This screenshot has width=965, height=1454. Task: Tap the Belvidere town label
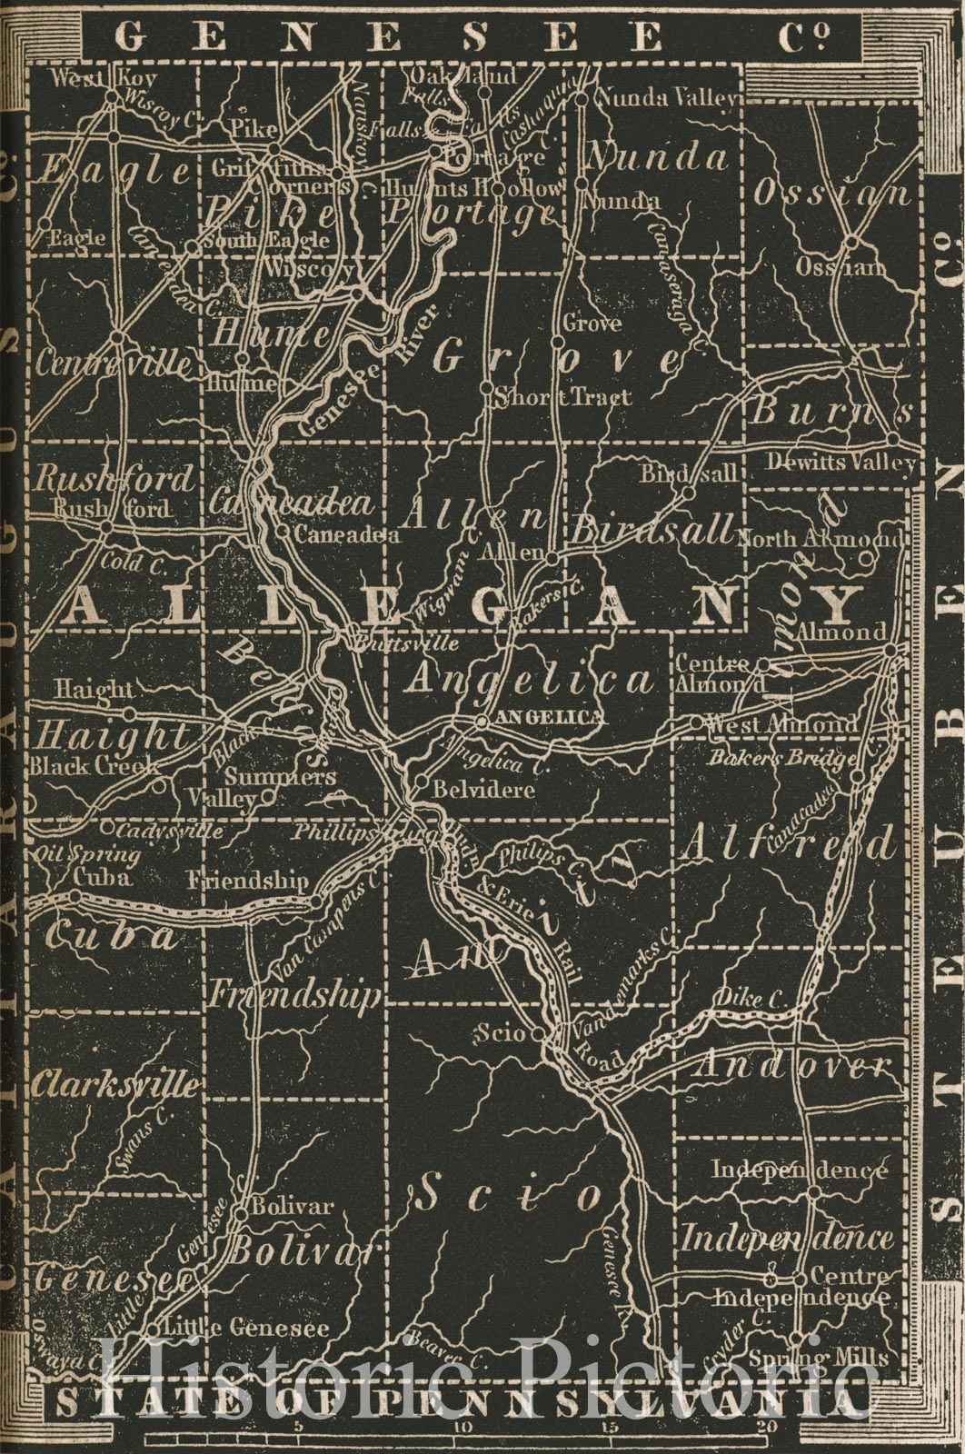(482, 790)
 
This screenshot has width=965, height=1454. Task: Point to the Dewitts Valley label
(840, 462)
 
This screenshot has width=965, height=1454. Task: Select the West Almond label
(781, 725)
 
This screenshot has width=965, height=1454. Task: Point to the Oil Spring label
(87, 854)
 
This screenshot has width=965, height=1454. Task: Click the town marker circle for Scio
(537, 1033)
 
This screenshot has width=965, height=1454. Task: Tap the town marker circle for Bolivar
(241, 1212)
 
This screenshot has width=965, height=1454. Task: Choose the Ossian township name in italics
(831, 194)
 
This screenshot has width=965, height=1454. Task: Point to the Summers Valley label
(266, 787)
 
